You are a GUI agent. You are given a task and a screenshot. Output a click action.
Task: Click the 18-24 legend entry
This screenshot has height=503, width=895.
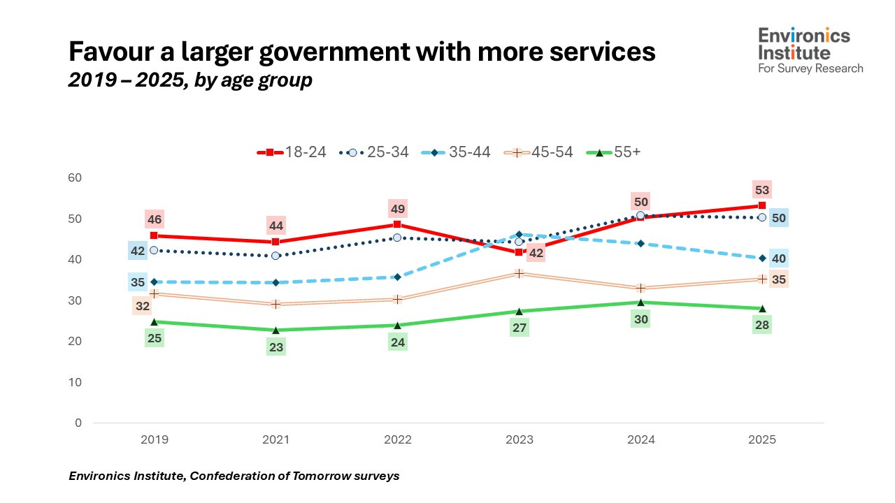292,152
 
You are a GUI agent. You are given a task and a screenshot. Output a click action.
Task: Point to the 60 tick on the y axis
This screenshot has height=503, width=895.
75,178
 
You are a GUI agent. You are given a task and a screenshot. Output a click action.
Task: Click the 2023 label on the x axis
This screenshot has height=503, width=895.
520,439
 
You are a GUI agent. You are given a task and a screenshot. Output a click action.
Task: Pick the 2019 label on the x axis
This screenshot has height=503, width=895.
154,439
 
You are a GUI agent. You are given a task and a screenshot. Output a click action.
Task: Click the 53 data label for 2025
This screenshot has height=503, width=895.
762,189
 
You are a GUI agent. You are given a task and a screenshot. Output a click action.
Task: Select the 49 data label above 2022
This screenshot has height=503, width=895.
397,208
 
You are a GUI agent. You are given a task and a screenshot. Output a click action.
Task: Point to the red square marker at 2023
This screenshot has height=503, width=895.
519,252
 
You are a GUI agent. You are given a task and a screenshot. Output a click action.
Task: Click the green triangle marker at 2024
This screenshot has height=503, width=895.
640,302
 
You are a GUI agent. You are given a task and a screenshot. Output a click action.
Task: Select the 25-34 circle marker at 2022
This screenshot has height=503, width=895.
397,238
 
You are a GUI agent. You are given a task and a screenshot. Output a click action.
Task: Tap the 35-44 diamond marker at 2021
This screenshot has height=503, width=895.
275,282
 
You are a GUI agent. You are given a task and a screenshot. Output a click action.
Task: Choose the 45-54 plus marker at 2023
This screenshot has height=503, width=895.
519,273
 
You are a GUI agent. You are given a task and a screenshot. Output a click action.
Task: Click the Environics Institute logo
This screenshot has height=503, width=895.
811,50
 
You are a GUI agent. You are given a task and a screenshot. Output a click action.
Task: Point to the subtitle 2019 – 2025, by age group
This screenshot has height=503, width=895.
190,80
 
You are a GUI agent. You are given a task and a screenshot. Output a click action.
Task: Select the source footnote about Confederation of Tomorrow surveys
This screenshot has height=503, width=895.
234,476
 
